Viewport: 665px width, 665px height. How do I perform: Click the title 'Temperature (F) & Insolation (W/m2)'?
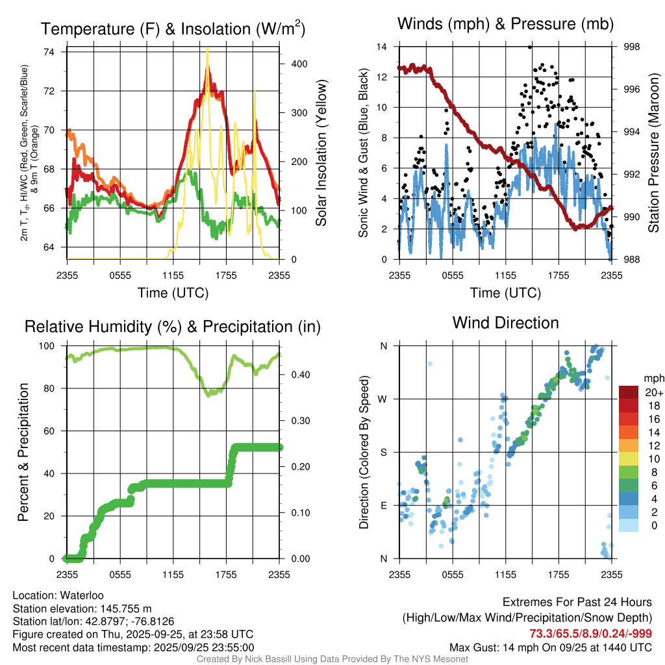(173, 29)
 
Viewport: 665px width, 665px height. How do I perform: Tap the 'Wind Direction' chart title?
(505, 323)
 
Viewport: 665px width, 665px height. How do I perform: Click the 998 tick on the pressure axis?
(631, 47)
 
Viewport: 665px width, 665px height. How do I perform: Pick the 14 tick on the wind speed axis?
(382, 47)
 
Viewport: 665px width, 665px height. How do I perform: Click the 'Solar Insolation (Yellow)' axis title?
(321, 153)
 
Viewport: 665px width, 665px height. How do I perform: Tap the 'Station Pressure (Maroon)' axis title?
(654, 153)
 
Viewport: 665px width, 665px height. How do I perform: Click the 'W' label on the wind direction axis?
(383, 399)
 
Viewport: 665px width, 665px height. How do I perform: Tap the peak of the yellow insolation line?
(207, 48)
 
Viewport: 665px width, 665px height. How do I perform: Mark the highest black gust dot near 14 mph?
(530, 47)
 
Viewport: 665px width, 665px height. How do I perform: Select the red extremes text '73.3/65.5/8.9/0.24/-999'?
(590, 634)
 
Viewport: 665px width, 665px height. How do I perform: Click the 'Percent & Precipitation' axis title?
(24, 452)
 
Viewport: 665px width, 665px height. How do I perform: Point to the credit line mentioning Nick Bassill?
(332, 659)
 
